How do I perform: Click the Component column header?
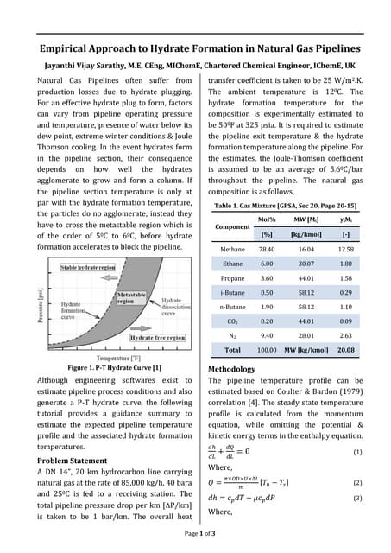234,226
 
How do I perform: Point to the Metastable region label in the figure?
130,299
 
